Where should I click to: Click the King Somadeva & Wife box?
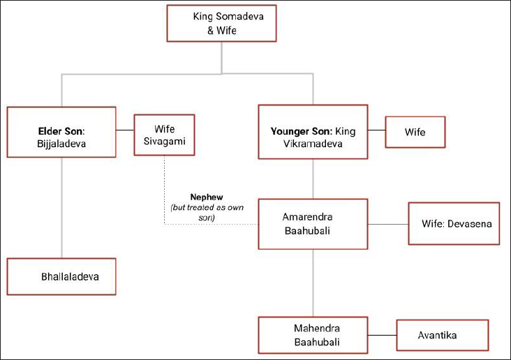(221, 24)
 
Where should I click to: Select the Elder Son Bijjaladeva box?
(61, 132)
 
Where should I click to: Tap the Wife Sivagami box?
(164, 135)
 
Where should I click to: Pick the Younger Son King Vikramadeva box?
(313, 132)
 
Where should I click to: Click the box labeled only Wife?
(415, 132)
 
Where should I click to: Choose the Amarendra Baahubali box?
(313, 224)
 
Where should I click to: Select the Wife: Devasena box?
(454, 223)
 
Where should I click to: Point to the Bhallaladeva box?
(61, 276)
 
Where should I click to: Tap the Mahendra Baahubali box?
(313, 335)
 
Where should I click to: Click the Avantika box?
(443, 336)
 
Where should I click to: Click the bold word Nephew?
(207, 197)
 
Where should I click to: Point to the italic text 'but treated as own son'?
(207, 212)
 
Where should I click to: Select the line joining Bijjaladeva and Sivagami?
(125, 130)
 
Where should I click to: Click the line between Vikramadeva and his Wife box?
(376, 130)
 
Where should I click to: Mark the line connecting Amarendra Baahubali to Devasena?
(388, 224)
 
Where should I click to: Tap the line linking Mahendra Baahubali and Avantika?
(383, 335)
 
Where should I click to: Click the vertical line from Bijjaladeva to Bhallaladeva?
(61, 208)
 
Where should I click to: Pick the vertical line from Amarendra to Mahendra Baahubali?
(313, 283)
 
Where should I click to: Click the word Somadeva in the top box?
(240, 16)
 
